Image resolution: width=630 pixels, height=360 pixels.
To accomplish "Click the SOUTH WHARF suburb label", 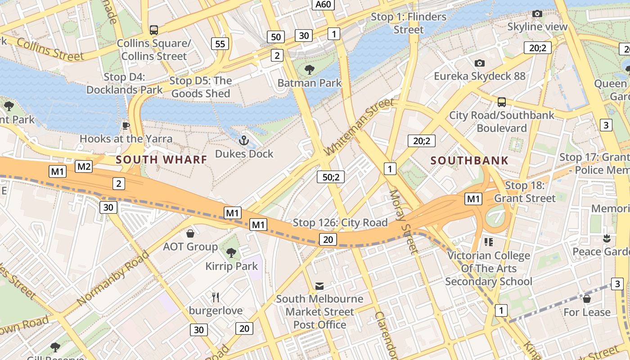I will pos(162,159).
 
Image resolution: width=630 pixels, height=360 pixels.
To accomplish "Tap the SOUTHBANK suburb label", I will pos(469,160).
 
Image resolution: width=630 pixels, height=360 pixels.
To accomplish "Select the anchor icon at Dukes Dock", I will pos(243,141).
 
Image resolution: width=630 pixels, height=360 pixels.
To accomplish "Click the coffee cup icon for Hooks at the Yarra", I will pos(126,126).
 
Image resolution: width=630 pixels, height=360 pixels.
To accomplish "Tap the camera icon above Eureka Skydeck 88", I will pos(480,63).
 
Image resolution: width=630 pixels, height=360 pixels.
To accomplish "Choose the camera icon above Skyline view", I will pos(537,14).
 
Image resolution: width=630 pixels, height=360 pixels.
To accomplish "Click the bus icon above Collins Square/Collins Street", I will pos(154,30).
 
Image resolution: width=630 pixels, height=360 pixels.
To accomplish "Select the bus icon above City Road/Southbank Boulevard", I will pos(502,102).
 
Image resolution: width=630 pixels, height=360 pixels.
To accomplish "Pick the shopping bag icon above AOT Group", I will pos(190,234).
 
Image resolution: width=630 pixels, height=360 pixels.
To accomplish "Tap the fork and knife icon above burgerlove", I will pos(216,297).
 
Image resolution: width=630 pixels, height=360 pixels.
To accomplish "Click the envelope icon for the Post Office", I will pos(319,286).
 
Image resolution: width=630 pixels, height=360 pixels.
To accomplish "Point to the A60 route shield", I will pos(324,4).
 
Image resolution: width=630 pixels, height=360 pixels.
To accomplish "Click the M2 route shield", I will pos(84,167).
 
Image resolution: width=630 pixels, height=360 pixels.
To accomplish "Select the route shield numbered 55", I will pos(220,44).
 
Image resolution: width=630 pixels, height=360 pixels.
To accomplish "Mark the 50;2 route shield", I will pos(330,177).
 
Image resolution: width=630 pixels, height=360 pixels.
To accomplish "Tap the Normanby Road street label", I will pos(112,279).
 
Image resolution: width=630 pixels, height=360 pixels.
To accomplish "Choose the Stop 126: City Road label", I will pos(340,222).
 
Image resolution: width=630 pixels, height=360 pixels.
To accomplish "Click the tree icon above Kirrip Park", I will pos(231,253).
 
